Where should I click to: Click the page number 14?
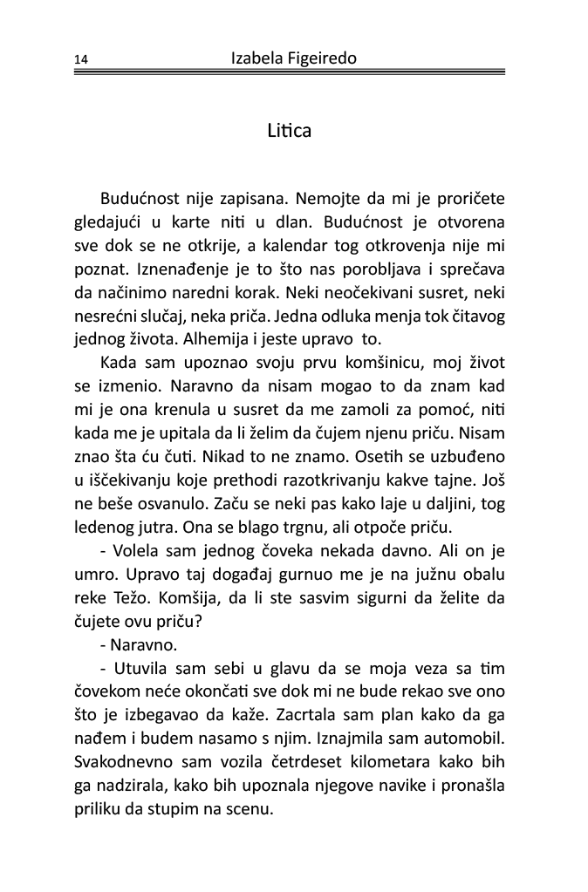[x=81, y=60]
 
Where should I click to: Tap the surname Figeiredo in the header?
[x=325, y=58]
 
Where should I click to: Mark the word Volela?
[x=138, y=552]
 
